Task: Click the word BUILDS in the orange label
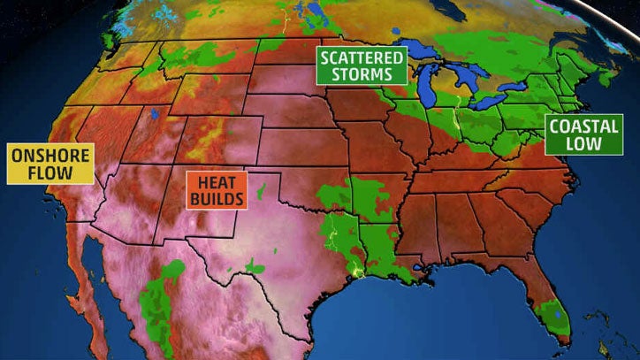pos(216,199)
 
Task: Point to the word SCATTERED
pos(362,57)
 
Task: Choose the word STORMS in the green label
pos(362,74)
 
